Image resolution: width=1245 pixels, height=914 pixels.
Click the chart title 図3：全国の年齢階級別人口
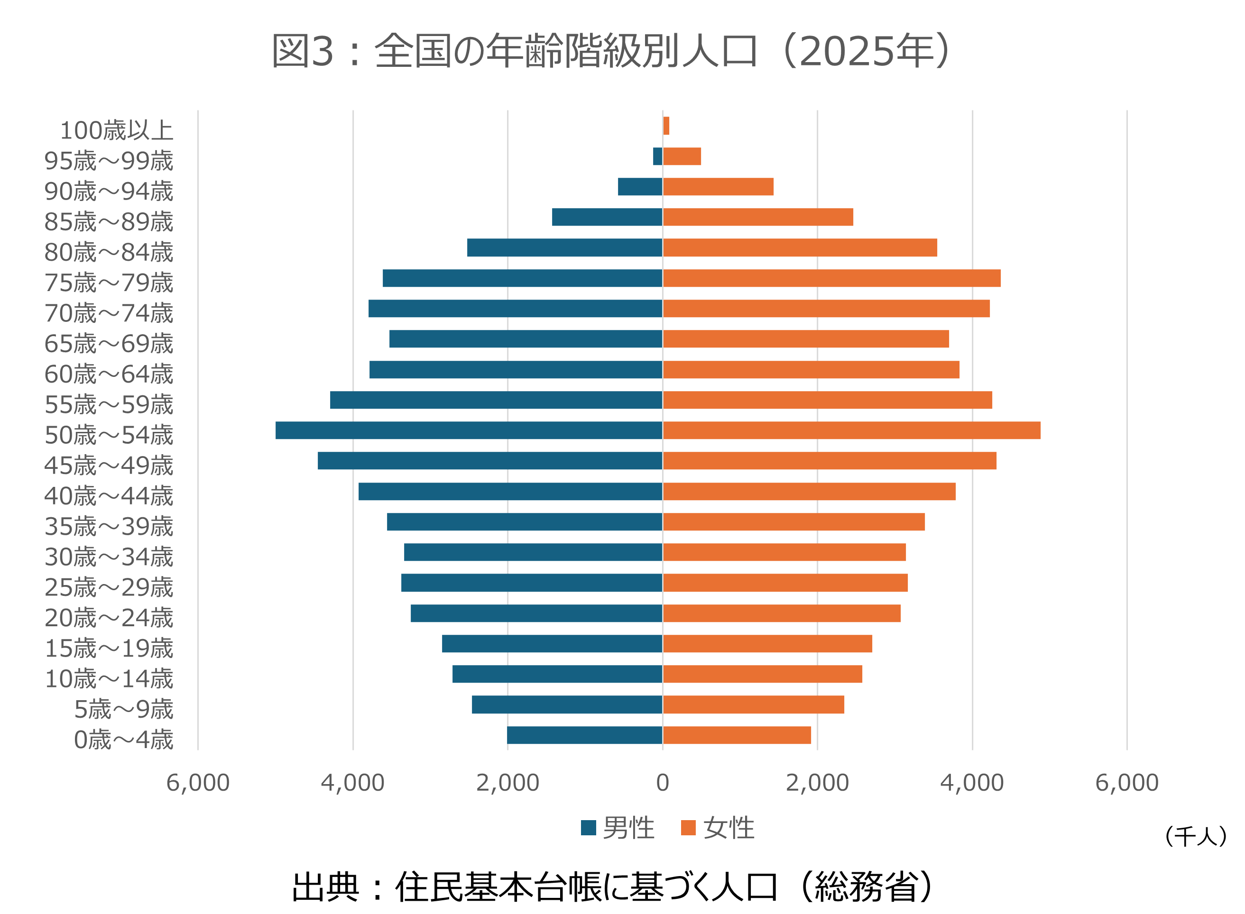[x=612, y=51]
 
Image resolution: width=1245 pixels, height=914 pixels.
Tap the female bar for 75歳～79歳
[x=831, y=278]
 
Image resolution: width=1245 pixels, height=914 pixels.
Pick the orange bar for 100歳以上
[x=666, y=126]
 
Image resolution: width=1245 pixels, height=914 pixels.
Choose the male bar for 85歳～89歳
[x=607, y=218]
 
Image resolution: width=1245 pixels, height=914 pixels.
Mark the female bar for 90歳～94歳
[x=718, y=187]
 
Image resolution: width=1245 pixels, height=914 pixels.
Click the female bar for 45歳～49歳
[x=829, y=461]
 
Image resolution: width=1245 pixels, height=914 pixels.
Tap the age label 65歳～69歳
[x=109, y=344]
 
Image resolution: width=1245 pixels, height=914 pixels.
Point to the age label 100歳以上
[x=116, y=130]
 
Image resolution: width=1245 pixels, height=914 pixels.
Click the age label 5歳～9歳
[x=123, y=710]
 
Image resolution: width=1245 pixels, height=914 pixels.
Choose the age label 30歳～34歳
[x=109, y=557]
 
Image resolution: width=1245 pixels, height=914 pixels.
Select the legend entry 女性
[x=718, y=828]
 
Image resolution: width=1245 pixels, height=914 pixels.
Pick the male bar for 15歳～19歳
[x=552, y=643]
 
